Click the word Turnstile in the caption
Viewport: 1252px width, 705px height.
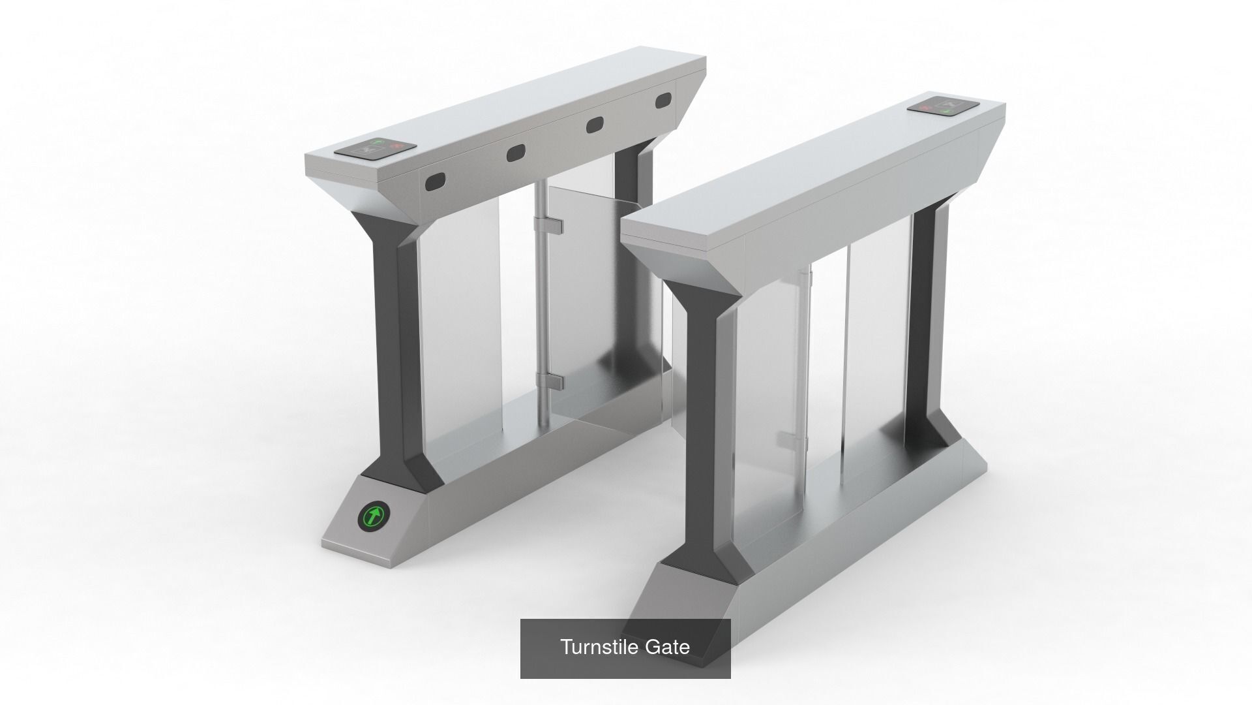(599, 647)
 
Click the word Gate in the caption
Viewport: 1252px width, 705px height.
(667, 647)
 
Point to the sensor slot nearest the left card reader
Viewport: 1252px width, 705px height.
(435, 182)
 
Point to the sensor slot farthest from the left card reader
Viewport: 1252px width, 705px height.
(664, 101)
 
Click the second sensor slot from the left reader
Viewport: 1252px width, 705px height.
(516, 153)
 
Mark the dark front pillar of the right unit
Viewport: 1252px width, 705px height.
(701, 418)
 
